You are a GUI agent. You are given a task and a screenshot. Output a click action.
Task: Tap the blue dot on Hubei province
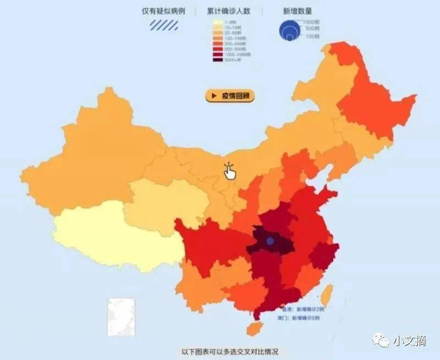click(269, 241)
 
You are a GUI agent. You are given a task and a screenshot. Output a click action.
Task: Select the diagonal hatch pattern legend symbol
click(165, 25)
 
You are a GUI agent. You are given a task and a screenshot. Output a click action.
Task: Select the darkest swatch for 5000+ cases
click(218, 59)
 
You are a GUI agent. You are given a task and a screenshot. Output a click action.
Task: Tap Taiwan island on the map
click(327, 295)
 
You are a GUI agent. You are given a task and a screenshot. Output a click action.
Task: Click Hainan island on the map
click(254, 329)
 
